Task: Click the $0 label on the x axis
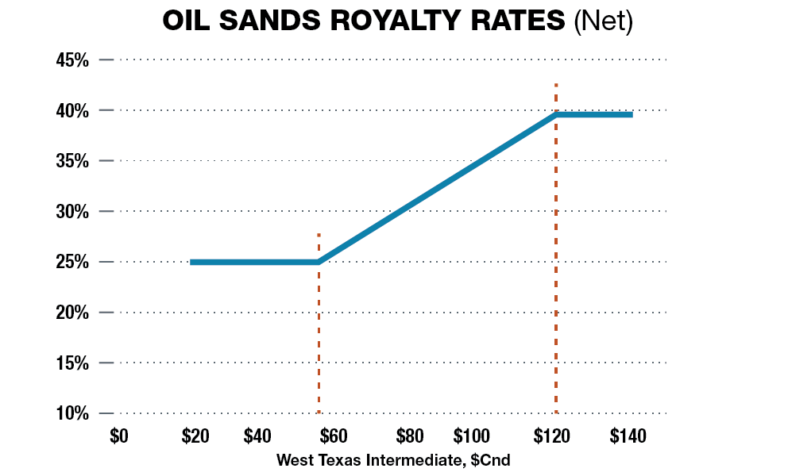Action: (119, 436)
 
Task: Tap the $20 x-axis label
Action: (194, 436)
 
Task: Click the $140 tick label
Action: (628, 436)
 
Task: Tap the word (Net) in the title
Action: (603, 21)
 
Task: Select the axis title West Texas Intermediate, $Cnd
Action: (393, 460)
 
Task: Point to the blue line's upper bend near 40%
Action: (556, 114)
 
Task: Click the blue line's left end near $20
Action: (192, 262)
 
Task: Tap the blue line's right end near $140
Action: (631, 114)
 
